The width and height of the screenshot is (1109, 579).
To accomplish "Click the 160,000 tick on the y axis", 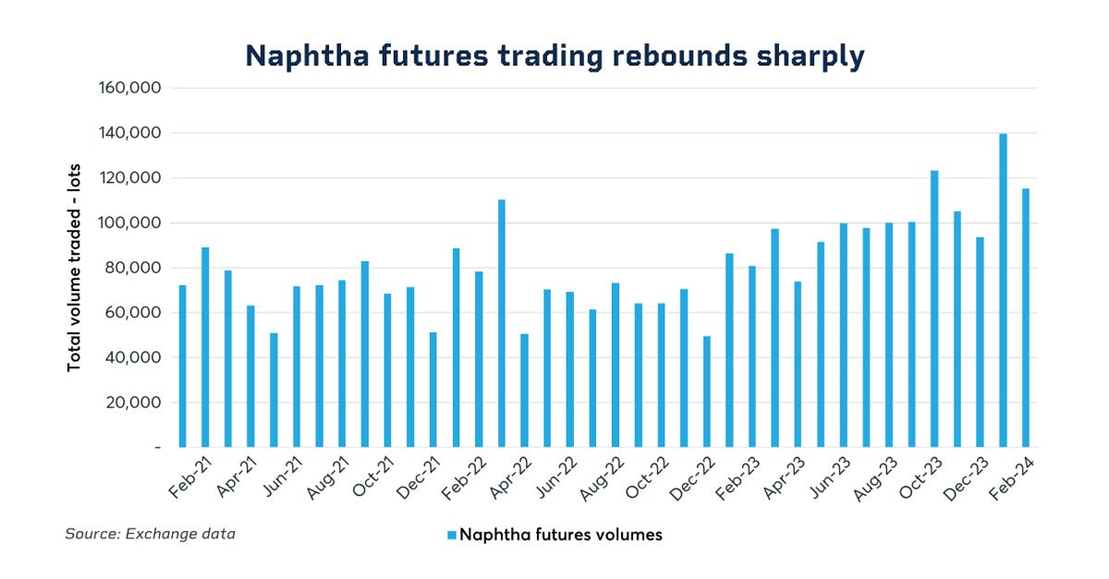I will click(128, 89).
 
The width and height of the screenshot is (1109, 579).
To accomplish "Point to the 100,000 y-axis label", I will click(128, 223).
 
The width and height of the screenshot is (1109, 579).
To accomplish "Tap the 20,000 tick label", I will click(132, 403).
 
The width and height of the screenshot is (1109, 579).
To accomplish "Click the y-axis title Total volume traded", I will click(75, 268).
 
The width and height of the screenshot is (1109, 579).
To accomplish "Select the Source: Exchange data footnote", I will click(150, 534).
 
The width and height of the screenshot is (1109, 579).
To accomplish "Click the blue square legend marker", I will click(451, 535).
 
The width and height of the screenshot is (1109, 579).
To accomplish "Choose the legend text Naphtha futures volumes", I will click(561, 535).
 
